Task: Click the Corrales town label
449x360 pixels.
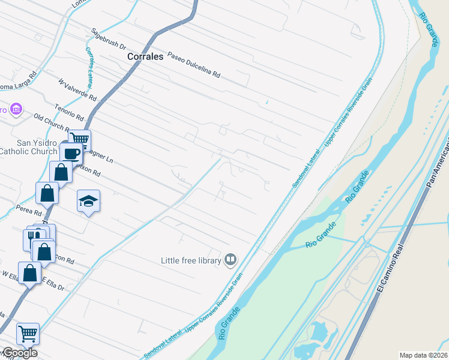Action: [145, 56]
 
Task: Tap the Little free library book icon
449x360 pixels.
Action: [230, 259]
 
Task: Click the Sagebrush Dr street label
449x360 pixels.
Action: [109, 38]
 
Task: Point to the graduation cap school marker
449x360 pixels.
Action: [88, 201]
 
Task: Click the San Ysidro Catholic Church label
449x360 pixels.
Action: [28, 147]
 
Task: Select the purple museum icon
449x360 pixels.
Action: [16, 109]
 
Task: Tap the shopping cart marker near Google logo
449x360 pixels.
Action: [27, 333]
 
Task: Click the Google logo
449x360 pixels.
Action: [19, 352]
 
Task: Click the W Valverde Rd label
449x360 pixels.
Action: [77, 88]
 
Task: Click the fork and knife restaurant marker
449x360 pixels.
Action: [33, 238]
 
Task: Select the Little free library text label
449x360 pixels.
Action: [190, 260]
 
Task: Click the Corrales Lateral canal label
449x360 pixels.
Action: [91, 64]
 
